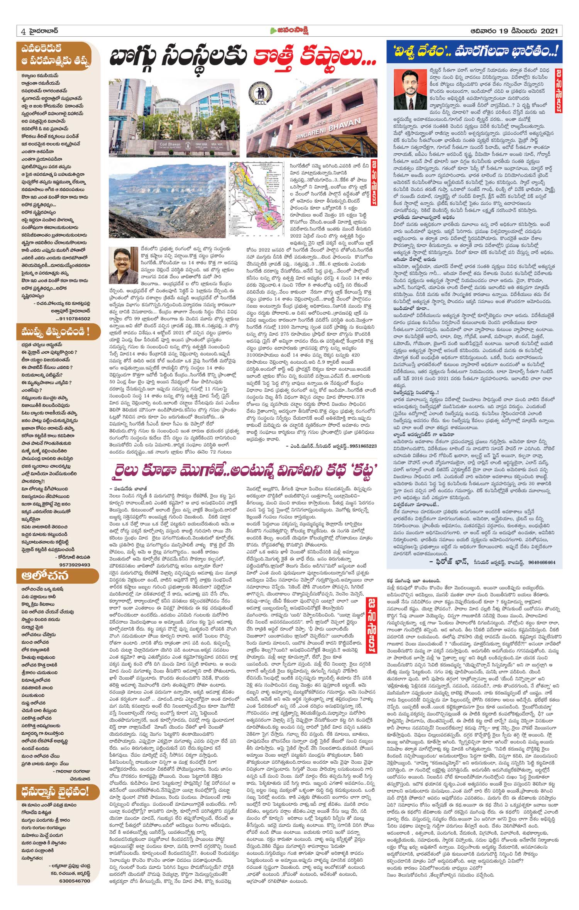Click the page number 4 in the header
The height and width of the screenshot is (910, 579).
click(23, 31)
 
